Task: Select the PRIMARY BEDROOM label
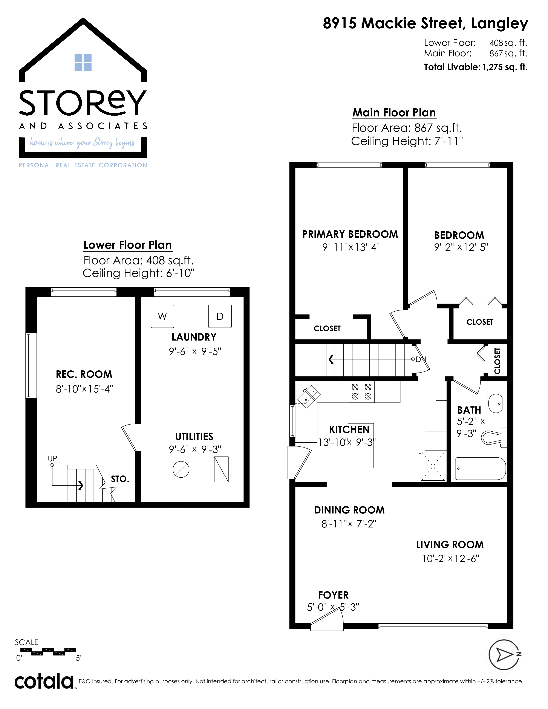350,234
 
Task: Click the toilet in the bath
494,437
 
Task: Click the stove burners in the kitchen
362,392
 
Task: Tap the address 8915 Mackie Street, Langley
425,24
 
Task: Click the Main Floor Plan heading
394,112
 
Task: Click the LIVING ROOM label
450,544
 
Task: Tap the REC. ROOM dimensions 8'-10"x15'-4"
84,389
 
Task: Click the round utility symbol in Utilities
181,469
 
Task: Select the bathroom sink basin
495,403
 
